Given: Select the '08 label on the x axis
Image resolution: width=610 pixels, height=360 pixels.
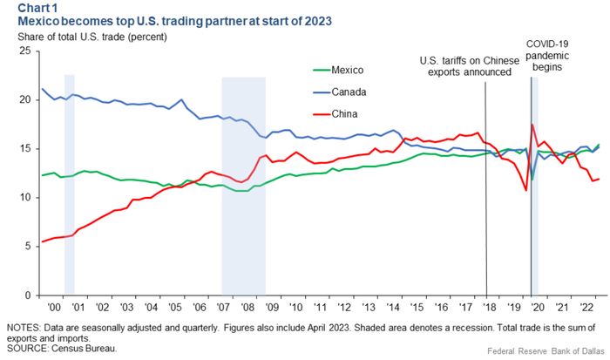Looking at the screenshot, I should click(247, 308).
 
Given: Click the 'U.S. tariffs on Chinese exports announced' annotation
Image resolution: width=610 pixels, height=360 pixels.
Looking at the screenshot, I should click(464, 66).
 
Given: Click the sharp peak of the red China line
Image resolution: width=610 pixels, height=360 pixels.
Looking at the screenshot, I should click(532, 125).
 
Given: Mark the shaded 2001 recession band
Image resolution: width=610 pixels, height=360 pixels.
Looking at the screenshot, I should click(70, 174).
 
